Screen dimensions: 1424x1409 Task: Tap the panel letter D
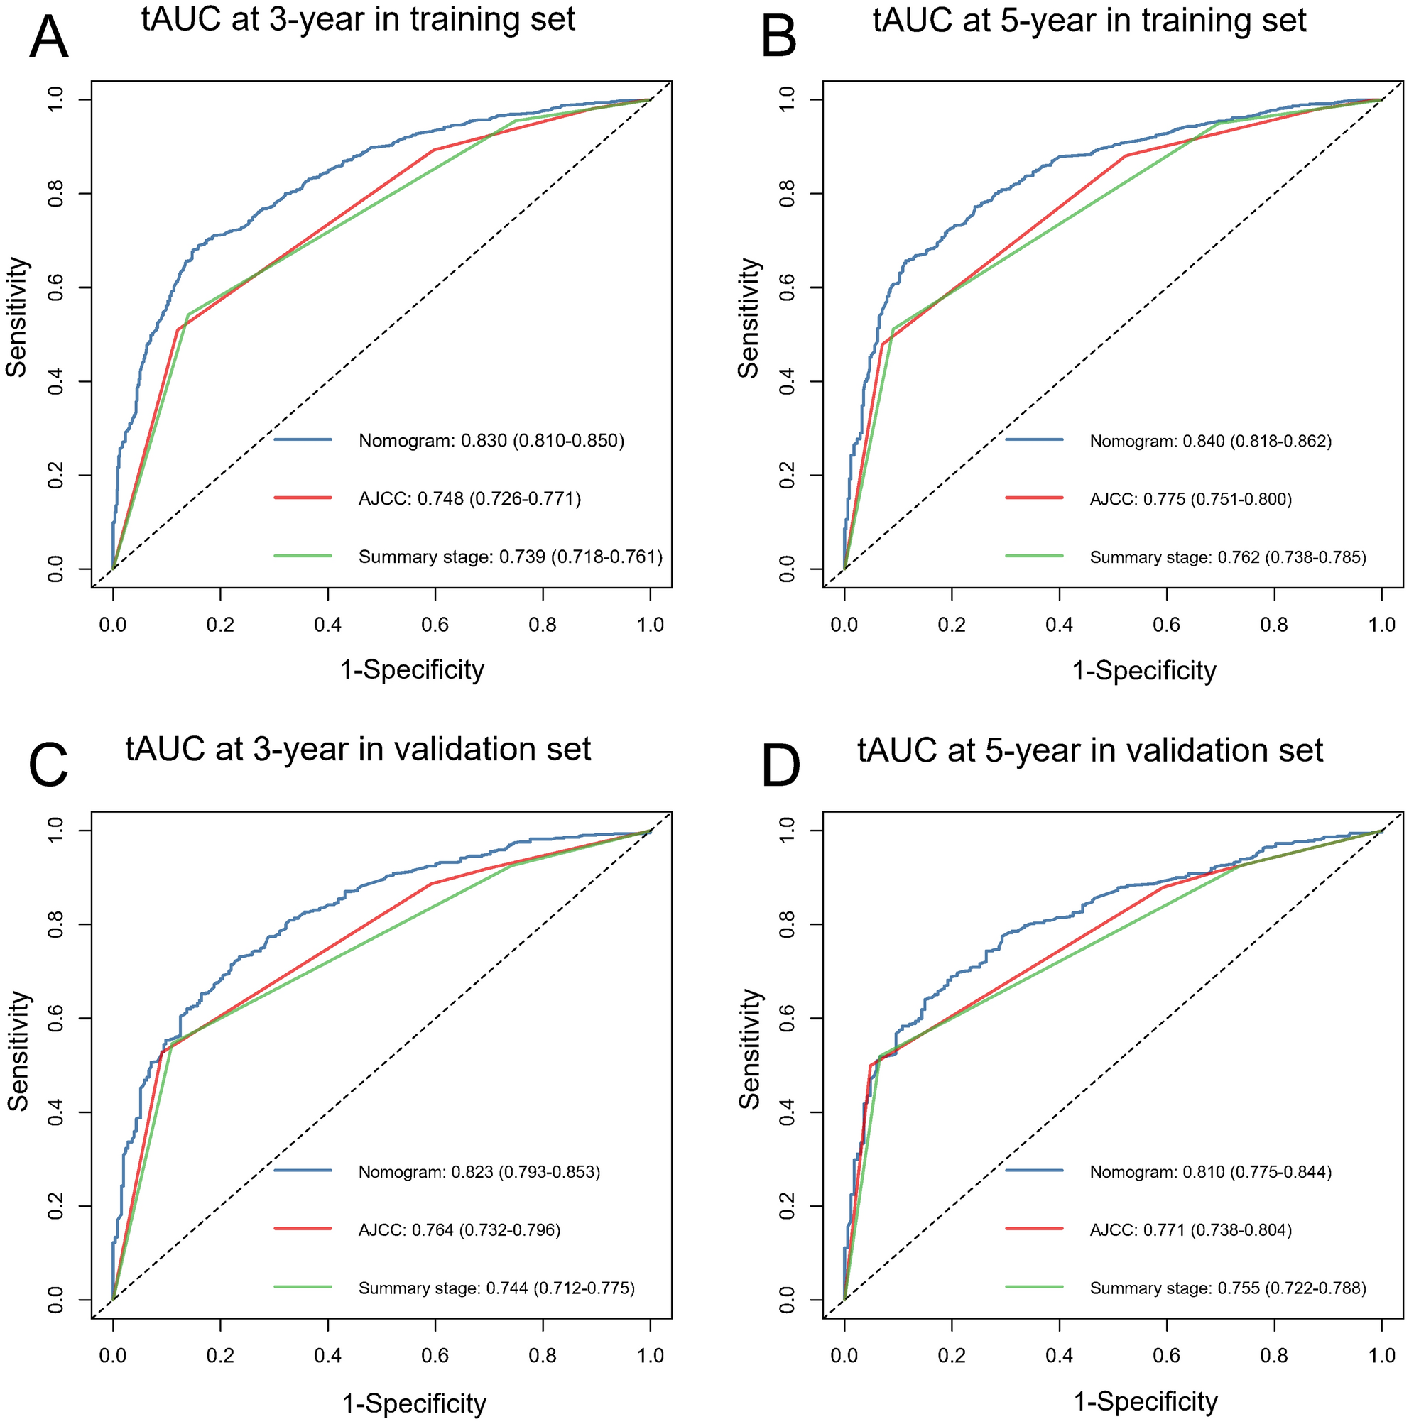coord(780,767)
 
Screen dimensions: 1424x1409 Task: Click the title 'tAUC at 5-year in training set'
coord(1089,20)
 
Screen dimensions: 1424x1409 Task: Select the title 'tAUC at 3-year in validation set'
coord(358,749)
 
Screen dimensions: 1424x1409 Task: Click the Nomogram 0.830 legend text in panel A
coord(491,441)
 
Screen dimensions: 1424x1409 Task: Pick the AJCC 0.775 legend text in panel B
coord(1191,499)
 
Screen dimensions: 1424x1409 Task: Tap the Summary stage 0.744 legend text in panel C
coord(496,1288)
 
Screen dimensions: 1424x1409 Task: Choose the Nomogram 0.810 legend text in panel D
coord(1211,1172)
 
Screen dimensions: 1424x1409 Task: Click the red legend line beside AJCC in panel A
coord(303,498)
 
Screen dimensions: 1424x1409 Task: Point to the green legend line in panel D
coord(1035,1287)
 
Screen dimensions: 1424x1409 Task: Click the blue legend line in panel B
coord(1035,440)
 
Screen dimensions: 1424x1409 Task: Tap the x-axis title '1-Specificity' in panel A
coord(412,669)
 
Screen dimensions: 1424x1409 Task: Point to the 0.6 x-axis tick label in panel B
coord(1166,625)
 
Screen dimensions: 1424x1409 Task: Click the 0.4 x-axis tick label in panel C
coord(327,1354)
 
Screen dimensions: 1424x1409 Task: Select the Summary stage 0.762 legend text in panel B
coord(1228,557)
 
